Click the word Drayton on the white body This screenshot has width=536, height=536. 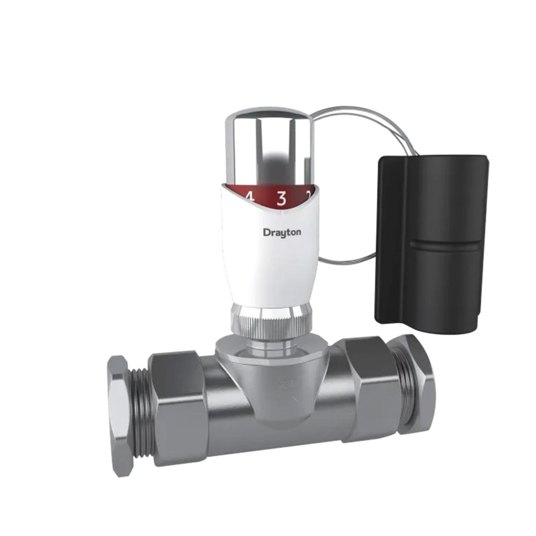(282, 232)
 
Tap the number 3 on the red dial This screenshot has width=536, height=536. (281, 198)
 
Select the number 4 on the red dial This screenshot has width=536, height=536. (249, 197)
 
